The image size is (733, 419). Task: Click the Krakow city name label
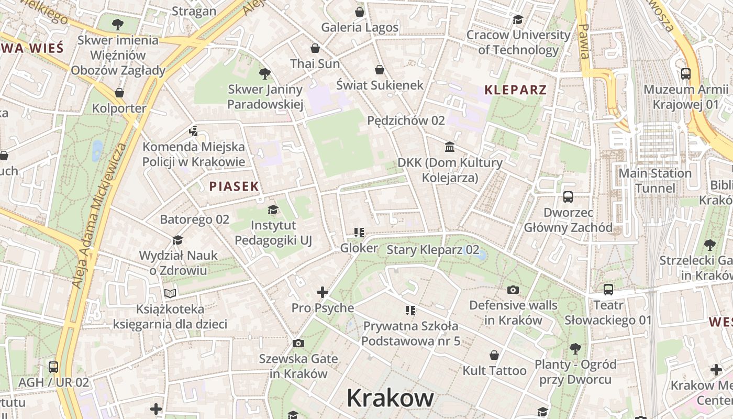tap(390, 398)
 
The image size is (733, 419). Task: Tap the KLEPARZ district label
tap(515, 90)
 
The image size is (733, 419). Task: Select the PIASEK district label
tap(234, 186)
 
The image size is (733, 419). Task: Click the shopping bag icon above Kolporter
tap(119, 93)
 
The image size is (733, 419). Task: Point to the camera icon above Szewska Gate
tap(298, 344)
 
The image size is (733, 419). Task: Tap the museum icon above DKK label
tap(450, 147)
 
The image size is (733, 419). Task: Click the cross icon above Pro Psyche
tap(323, 292)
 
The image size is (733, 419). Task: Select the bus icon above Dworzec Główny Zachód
tap(568, 197)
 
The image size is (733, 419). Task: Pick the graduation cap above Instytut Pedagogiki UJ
tap(273, 210)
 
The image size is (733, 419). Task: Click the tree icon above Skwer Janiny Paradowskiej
tap(265, 74)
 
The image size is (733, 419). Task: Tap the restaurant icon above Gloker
tap(359, 232)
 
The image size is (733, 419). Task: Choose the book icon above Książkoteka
tap(170, 293)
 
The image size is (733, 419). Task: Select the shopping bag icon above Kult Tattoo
tap(494, 355)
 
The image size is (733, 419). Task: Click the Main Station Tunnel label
tap(654, 181)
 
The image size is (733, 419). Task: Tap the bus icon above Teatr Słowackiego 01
tap(608, 290)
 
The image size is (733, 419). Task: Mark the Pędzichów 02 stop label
tap(406, 120)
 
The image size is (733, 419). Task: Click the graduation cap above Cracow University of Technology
tap(518, 20)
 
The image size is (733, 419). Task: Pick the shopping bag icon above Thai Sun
tap(315, 48)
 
